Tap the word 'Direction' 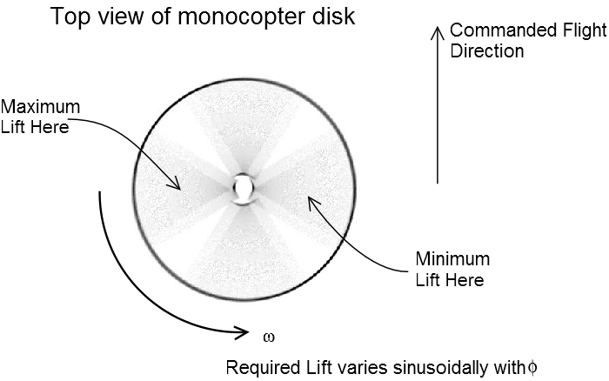click(486, 51)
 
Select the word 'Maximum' click(40, 107)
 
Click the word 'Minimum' click(452, 259)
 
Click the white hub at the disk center click(244, 187)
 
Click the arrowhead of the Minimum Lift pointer click(305, 202)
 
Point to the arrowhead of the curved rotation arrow click(243, 331)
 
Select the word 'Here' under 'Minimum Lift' click(466, 279)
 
